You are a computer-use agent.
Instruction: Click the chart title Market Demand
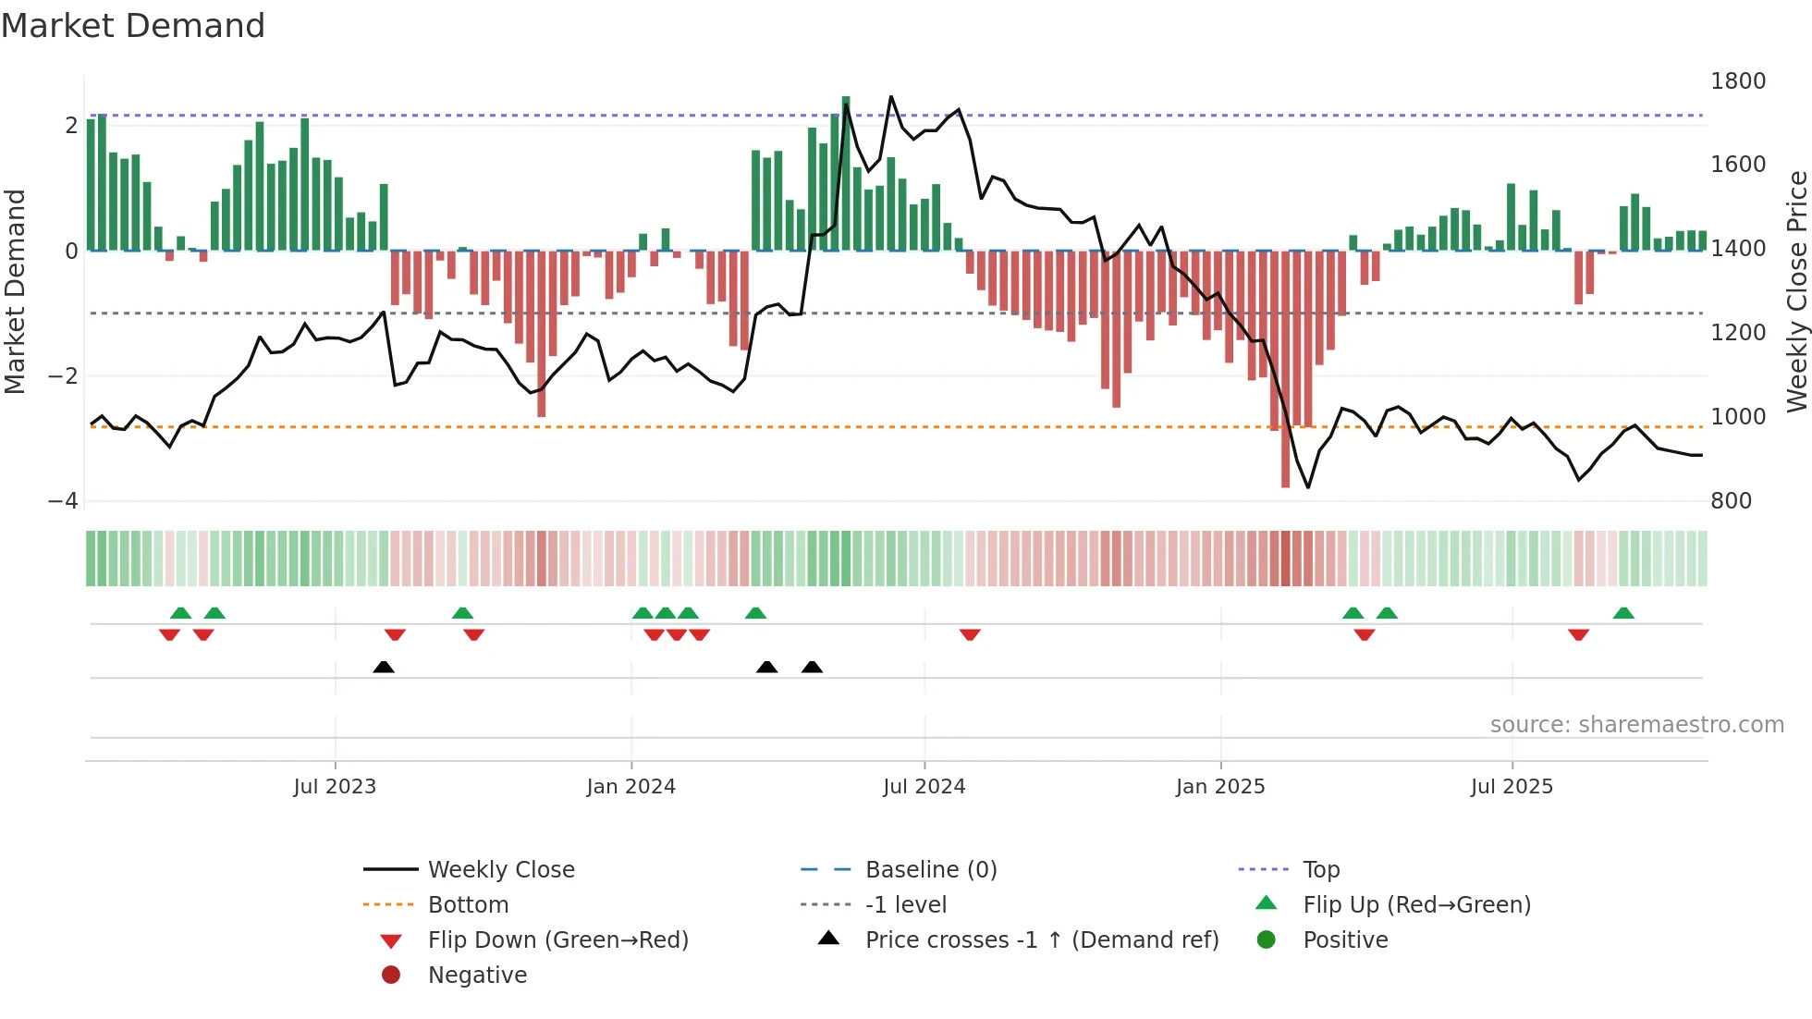[133, 26]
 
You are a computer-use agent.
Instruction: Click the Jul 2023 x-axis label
[335, 787]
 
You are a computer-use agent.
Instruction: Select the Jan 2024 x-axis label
[631, 787]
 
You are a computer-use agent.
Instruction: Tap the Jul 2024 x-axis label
[924, 787]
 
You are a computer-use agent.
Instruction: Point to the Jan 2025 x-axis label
[1220, 787]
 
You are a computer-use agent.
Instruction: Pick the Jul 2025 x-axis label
[1512, 787]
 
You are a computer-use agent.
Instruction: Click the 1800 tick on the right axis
[1737, 81]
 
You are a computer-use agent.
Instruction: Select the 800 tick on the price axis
[1731, 501]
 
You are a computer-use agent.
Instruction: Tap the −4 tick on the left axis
[63, 501]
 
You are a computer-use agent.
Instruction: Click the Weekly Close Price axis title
[1796, 291]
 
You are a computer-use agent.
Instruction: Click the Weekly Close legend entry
[500, 870]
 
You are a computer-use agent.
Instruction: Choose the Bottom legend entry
[468, 905]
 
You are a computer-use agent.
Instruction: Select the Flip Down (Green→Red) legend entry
[557, 940]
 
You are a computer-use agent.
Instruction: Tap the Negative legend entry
[477, 976]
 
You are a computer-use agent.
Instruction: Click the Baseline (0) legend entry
[930, 870]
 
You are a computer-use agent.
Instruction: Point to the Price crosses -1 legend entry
[1041, 940]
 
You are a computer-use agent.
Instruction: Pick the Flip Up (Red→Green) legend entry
[1416, 905]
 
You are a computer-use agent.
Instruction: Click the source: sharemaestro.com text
[1636, 725]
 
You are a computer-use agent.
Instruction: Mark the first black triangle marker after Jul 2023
[384, 667]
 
